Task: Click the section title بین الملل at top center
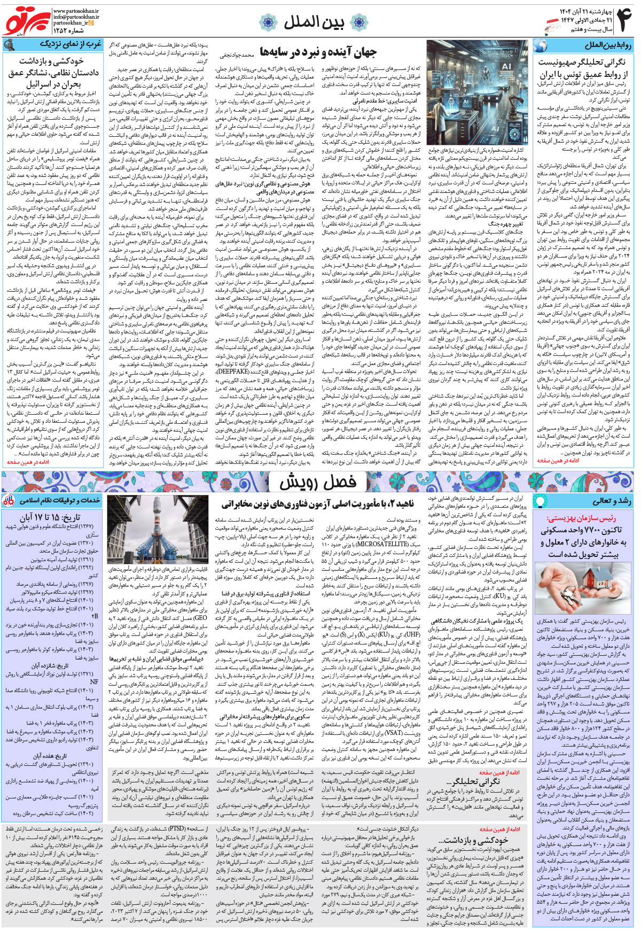(x=314, y=22)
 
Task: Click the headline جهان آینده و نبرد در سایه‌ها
(x=318, y=52)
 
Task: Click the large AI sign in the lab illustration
(x=506, y=66)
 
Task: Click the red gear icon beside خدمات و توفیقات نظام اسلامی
(x=9, y=501)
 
